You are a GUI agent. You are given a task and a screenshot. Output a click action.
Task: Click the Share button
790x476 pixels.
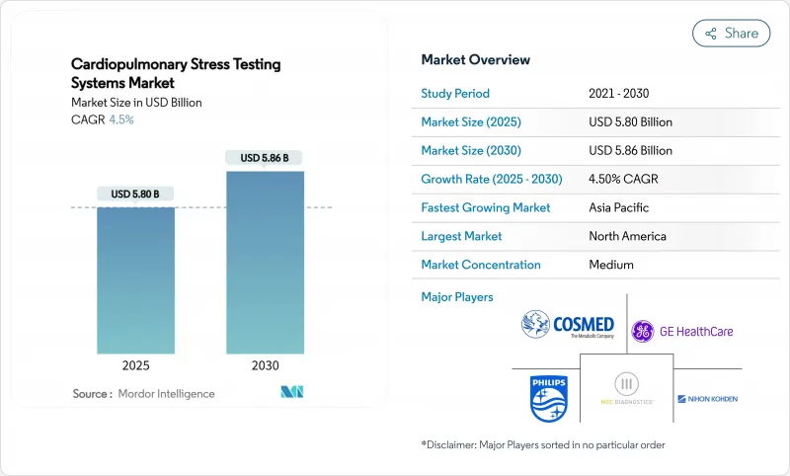pyautogui.click(x=731, y=33)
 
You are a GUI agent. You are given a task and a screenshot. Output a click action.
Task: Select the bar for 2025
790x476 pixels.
pyautogui.click(x=135, y=280)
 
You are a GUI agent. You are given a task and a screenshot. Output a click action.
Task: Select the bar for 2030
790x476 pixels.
pyautogui.click(x=265, y=263)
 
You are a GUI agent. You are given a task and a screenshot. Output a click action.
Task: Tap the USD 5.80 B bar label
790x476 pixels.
pyautogui.click(x=135, y=194)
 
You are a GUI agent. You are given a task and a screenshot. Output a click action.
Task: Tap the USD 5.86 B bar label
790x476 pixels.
pyautogui.click(x=265, y=158)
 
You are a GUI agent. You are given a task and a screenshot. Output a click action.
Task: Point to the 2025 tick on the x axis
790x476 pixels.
pyautogui.click(x=135, y=364)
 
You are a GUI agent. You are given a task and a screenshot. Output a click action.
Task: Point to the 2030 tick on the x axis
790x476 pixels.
pyautogui.click(x=265, y=364)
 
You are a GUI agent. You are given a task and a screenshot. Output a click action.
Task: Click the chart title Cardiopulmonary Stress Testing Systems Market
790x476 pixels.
pyautogui.click(x=176, y=73)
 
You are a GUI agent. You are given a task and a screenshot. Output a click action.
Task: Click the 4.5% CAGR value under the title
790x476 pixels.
pyautogui.click(x=120, y=119)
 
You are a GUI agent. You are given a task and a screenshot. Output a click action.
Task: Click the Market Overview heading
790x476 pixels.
pyautogui.click(x=475, y=59)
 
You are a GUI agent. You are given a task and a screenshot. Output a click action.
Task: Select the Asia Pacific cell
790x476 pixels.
pyautogui.click(x=618, y=208)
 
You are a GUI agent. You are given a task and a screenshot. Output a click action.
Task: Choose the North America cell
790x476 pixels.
pyautogui.click(x=627, y=237)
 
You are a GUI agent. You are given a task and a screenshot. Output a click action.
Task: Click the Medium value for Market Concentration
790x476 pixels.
pyautogui.click(x=610, y=266)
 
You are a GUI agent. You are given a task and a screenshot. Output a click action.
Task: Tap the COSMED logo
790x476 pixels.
pyautogui.click(x=568, y=326)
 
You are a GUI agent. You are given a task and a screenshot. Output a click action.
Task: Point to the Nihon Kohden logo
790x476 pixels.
pyautogui.click(x=707, y=399)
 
